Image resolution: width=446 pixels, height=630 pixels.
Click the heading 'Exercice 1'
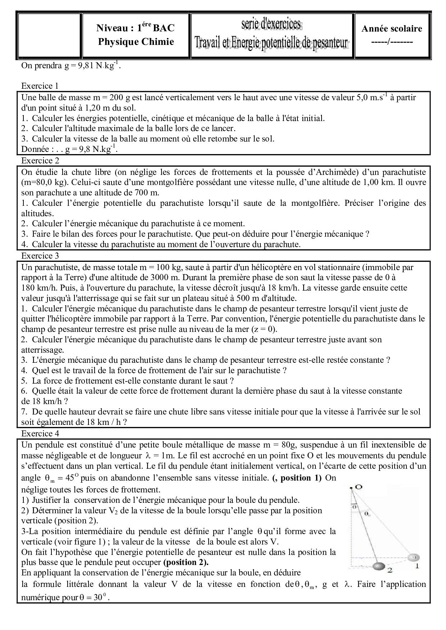point(40,86)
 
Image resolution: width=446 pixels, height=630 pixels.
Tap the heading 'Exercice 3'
point(40,256)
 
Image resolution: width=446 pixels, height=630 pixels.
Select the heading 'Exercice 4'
point(40,434)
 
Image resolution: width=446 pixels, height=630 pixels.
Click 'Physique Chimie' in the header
point(136,42)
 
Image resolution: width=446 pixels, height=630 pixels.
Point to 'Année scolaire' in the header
point(392,29)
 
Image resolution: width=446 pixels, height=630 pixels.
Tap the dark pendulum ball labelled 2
point(378,567)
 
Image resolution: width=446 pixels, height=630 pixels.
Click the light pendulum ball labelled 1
point(413,557)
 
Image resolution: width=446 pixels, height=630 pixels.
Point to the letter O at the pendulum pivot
point(358,487)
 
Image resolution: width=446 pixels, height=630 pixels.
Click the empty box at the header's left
point(49,36)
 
